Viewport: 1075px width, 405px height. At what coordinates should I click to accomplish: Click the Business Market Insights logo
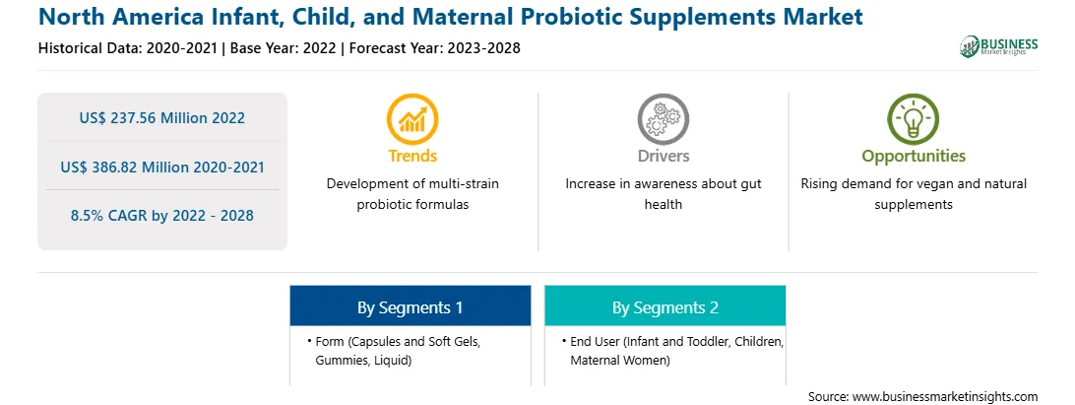point(999,46)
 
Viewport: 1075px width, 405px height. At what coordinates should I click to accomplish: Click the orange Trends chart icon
point(412,119)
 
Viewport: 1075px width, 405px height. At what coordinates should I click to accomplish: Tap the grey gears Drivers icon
point(663,119)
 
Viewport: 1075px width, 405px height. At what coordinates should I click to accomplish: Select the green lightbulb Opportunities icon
point(914,119)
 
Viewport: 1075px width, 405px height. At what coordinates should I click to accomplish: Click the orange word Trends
point(412,156)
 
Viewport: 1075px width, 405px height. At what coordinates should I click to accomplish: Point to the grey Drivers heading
point(663,156)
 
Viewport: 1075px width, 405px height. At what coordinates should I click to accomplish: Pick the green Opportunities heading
point(914,157)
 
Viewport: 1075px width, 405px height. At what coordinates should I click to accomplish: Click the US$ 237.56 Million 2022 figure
point(161,117)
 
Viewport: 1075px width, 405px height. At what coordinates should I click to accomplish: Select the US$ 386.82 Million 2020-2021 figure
point(161,167)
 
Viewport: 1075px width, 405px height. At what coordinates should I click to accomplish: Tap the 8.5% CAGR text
point(161,215)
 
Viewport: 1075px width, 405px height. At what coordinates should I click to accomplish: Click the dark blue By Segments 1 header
point(410,306)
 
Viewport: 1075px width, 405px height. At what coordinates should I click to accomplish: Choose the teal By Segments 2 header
point(665,306)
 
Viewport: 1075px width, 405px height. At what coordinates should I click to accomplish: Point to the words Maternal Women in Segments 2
point(620,360)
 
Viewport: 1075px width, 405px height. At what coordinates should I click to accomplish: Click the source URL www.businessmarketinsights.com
point(944,396)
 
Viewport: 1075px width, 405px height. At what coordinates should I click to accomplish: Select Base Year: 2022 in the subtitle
point(284,48)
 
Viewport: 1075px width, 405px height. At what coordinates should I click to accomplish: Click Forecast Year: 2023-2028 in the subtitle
point(432,48)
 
